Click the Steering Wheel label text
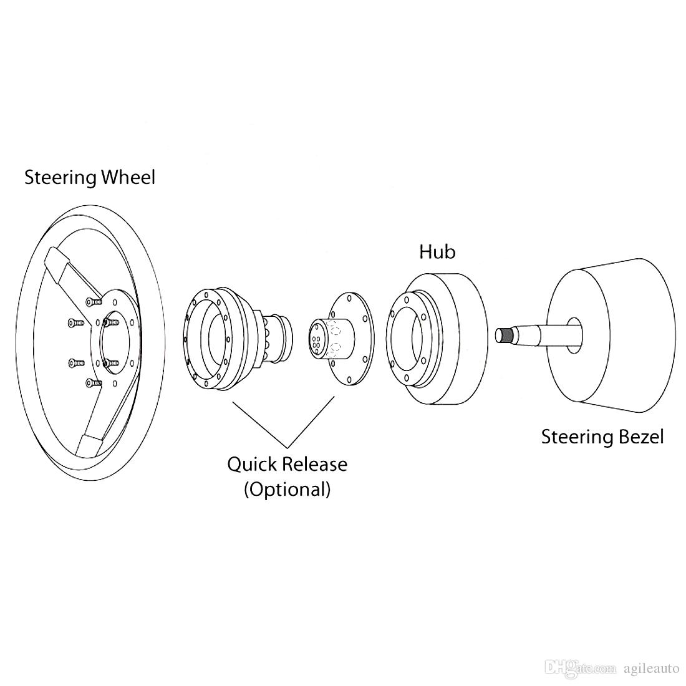89,177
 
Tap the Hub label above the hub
437,252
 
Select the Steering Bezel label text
602,437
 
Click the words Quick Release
287,465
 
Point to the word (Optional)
287,489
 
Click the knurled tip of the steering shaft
503,336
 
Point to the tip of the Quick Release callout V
287,447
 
